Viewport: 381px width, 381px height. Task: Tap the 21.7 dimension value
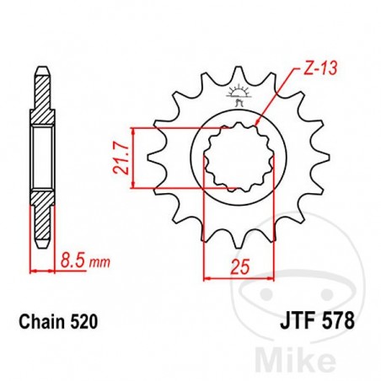coord(119,158)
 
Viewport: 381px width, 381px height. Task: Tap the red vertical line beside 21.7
coord(131,158)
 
